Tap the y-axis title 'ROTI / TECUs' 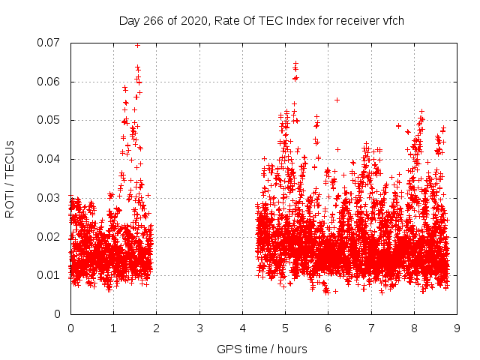coord(10,178)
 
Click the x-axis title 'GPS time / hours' coord(262,349)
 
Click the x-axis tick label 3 coord(199,328)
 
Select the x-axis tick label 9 coord(457,328)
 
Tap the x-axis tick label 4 coord(242,328)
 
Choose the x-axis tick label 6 coord(328,328)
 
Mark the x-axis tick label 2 coord(157,328)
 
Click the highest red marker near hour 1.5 coord(137,45)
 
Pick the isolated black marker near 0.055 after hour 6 coord(337,100)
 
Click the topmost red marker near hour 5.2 coord(295,64)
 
